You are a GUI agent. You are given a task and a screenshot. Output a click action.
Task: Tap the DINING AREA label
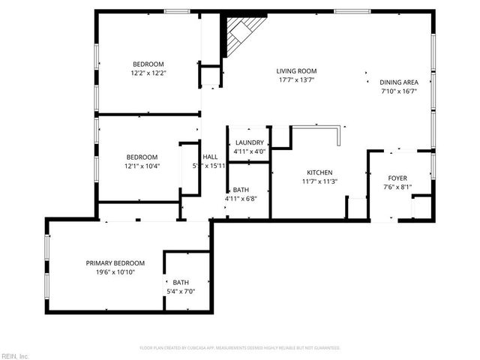pos(397,82)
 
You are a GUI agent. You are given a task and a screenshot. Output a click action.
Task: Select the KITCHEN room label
pos(319,172)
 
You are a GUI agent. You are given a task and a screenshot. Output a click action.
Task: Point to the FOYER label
pos(397,178)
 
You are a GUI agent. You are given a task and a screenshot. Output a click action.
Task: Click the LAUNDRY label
pos(249,142)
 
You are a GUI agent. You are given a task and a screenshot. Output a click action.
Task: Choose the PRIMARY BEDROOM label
pos(115,263)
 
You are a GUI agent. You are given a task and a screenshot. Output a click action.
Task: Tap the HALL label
pos(210,157)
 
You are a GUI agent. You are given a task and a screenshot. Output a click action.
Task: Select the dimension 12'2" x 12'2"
pos(148,73)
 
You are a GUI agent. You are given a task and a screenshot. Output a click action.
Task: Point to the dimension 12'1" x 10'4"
pos(142,166)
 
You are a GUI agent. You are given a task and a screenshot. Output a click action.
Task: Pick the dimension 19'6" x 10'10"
pos(115,272)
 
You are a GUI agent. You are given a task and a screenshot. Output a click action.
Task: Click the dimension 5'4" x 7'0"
pos(180,292)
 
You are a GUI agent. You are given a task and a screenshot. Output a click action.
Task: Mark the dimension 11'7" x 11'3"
pos(319,181)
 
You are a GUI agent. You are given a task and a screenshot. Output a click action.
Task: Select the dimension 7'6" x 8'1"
pos(397,187)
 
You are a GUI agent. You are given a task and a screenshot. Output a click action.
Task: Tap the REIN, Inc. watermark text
pos(15,355)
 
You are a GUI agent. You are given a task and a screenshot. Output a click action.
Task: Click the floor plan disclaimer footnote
pos(240,348)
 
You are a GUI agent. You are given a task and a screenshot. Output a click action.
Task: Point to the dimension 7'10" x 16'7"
pos(397,91)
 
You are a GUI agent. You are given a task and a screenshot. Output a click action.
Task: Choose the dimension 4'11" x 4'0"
pos(249,151)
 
